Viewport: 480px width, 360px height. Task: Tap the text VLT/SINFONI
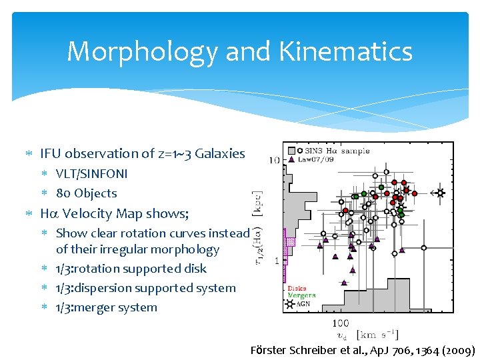coord(91,174)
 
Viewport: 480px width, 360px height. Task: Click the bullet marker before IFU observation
coord(28,154)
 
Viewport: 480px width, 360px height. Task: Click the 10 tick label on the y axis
coord(274,160)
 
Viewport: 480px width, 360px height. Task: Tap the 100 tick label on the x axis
coord(340,323)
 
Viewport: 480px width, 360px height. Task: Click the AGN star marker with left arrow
coord(439,193)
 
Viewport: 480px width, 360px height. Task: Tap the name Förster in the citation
coord(268,350)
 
